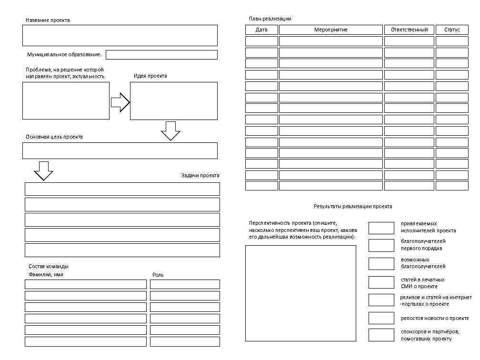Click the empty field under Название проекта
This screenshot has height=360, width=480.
(x=120, y=35)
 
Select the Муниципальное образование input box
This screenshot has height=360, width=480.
(x=161, y=55)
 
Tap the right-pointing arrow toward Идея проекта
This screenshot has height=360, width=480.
(x=120, y=102)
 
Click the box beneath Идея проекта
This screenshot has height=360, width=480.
(x=173, y=101)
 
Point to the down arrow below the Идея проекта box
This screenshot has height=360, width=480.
(x=170, y=131)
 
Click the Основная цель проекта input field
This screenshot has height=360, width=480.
(x=120, y=150)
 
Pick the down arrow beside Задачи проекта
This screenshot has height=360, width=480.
(x=44, y=171)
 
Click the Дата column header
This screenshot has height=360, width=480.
(x=261, y=30)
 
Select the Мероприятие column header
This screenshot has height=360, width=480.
(x=331, y=30)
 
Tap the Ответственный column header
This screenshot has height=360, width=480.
(x=410, y=30)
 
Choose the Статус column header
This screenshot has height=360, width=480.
(x=452, y=30)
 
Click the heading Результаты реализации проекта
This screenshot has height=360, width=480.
(x=353, y=206)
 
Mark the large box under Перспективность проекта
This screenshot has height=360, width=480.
(x=300, y=293)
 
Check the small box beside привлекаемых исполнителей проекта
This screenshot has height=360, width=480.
(x=381, y=228)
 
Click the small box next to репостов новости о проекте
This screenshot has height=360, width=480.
(x=381, y=318)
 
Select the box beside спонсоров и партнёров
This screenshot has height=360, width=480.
(x=381, y=335)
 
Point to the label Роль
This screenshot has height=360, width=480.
(x=158, y=275)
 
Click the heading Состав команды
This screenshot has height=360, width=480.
(x=48, y=266)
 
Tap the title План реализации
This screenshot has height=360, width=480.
(x=270, y=19)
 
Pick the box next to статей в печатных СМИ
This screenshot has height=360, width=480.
(x=381, y=282)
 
